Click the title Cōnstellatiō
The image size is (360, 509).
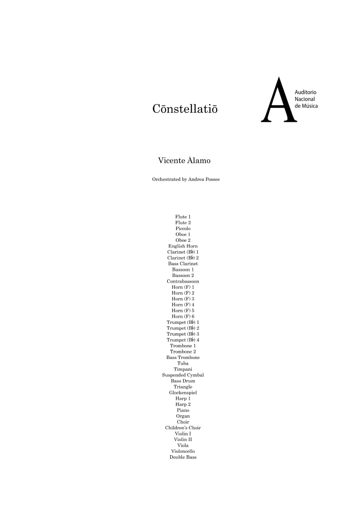[x=185, y=109]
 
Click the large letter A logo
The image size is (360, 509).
[x=280, y=101]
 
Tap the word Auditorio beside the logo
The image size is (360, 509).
[x=306, y=93]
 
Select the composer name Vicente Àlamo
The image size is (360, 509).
[x=185, y=161]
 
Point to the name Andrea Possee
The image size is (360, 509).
[x=201, y=179]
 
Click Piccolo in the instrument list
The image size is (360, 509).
[x=183, y=228]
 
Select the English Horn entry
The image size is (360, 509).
[x=183, y=246]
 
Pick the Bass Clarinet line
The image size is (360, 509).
[x=183, y=264]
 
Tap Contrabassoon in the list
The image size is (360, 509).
[x=183, y=281]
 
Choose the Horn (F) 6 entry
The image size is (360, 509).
[x=183, y=316]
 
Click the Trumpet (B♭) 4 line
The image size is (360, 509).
[x=183, y=340]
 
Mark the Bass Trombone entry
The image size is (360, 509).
[x=183, y=358]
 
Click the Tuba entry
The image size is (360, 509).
[x=183, y=363]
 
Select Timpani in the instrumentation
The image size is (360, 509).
[x=183, y=369]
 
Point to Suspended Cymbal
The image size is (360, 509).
[x=183, y=375]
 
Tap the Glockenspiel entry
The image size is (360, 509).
[x=183, y=393]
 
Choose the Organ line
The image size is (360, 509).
[x=183, y=416]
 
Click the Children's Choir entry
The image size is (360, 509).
[x=183, y=428]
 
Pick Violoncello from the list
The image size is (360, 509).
[x=183, y=451]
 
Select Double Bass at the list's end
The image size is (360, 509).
[x=183, y=457]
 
